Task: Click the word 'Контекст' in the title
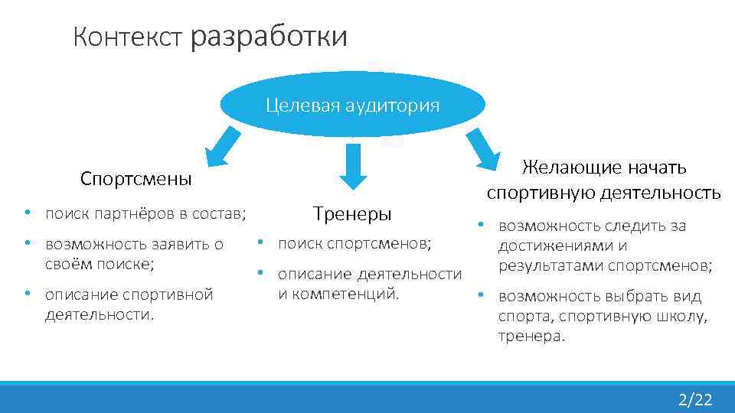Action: tap(128, 37)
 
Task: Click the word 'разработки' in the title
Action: tap(269, 36)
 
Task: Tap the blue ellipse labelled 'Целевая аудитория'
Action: tap(352, 106)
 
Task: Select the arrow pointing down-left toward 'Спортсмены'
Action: tap(221, 146)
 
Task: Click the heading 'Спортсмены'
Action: tap(136, 179)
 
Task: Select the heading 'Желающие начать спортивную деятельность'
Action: tap(603, 180)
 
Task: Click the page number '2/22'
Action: tap(694, 399)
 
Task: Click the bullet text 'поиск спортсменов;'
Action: tap(354, 243)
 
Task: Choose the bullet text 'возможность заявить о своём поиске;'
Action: tap(134, 254)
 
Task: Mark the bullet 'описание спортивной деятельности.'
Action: tap(129, 304)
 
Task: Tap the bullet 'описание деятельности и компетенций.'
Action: tap(369, 283)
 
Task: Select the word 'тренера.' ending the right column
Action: tap(531, 336)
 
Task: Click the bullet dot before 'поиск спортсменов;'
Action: tap(260, 242)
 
